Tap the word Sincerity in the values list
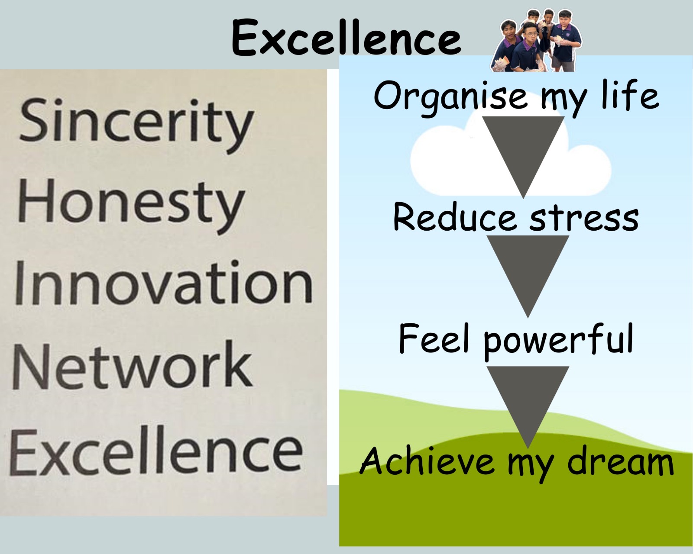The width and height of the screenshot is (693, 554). [x=136, y=126]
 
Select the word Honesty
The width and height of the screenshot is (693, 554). [x=131, y=206]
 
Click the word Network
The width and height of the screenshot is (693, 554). [x=132, y=365]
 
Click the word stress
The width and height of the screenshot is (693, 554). [x=584, y=218]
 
